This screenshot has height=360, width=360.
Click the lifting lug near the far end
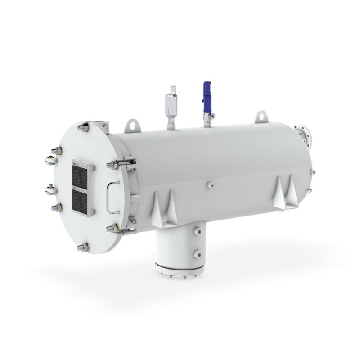point(261,117)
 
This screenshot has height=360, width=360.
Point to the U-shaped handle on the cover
point(112,197)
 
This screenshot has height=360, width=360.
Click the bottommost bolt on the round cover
point(83,247)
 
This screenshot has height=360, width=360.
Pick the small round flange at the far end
point(306,134)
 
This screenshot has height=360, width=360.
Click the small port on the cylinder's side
point(210,184)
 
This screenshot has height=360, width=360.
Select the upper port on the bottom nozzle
point(197,231)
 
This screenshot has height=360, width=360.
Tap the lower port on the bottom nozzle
point(197,254)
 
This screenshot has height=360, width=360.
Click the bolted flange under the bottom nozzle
point(180,270)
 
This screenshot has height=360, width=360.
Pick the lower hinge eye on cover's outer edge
point(50,189)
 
